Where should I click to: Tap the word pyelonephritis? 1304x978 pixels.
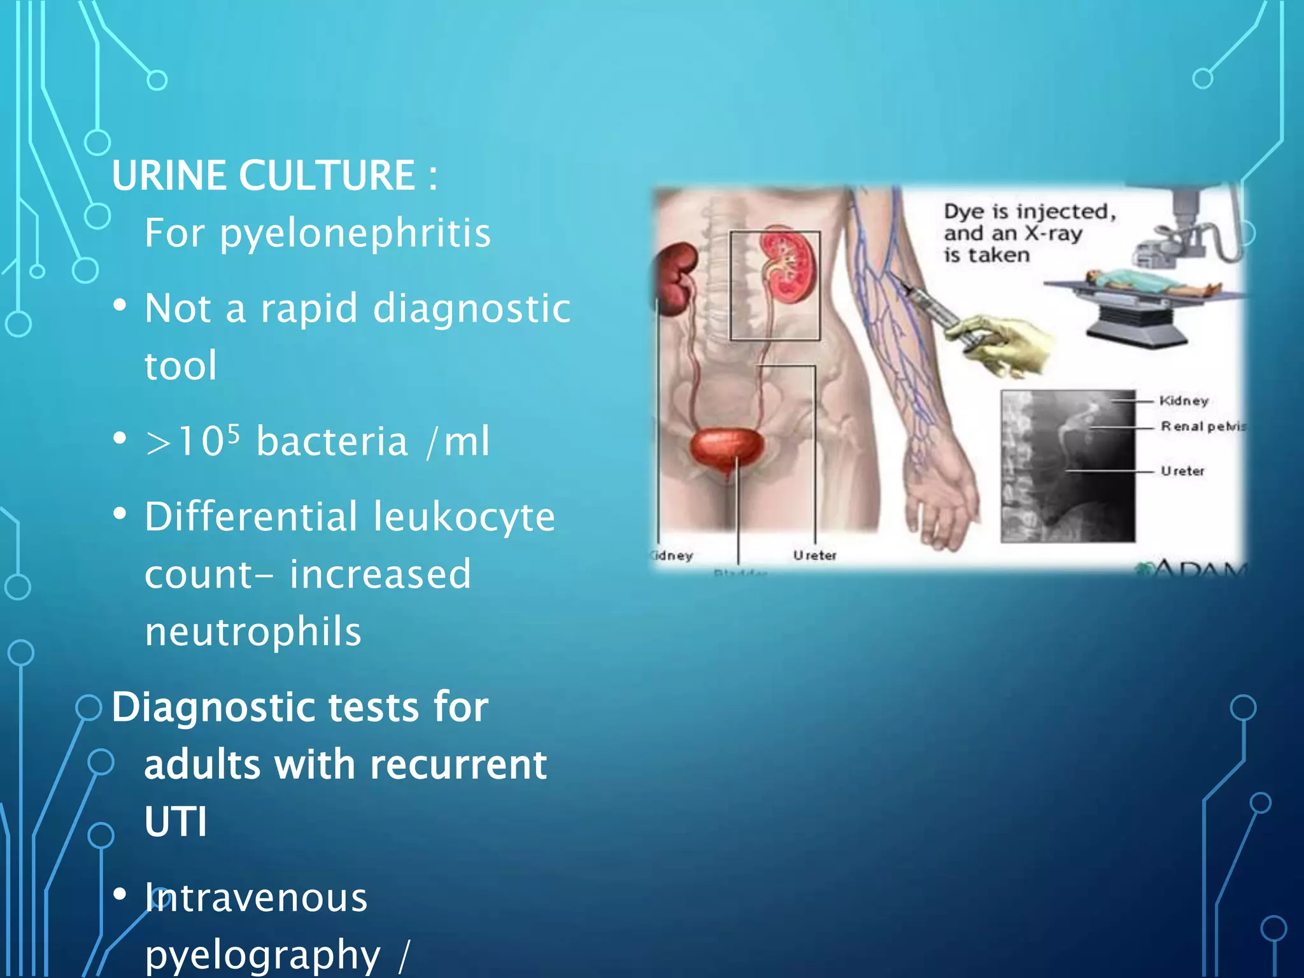tap(355, 233)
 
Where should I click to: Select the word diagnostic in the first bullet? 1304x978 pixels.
tap(472, 309)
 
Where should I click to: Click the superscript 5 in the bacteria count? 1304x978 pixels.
tap(233, 433)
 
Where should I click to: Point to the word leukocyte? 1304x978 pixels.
tap(464, 516)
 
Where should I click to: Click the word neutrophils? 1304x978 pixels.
tap(253, 632)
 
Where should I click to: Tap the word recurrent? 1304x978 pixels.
tap(458, 765)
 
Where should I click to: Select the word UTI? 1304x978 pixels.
tap(176, 822)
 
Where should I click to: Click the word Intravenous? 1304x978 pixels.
tap(256, 898)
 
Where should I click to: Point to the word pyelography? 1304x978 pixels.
tap(262, 954)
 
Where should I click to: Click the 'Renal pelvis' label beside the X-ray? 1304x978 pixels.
tap(1202, 427)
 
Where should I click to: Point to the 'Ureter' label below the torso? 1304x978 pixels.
tap(814, 556)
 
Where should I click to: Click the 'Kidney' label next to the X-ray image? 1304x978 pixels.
tap(1183, 401)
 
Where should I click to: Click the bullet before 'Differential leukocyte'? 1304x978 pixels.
tap(119, 514)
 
